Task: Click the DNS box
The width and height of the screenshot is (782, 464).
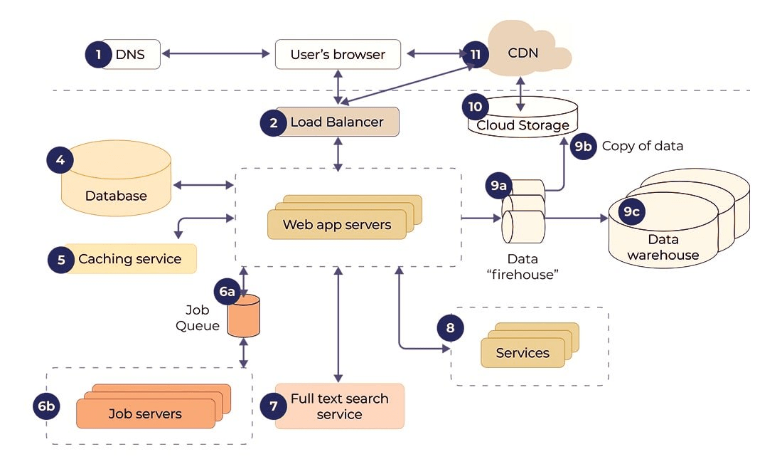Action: pos(132,54)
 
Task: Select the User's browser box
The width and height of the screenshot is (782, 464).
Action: pos(338,54)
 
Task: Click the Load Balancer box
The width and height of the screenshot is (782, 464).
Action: pos(337,122)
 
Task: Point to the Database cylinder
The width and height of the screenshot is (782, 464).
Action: pos(116,181)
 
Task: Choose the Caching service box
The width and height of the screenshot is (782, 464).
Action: pos(130,259)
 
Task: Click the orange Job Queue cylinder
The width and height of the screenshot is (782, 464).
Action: pos(243,317)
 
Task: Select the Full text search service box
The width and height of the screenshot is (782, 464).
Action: pos(339,406)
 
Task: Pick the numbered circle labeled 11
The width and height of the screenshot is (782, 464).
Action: pos(475,54)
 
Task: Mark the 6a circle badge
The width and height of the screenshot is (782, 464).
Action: pos(227,292)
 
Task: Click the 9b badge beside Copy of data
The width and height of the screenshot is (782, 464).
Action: pos(583,146)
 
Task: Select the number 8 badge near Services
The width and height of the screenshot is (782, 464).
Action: pos(450,327)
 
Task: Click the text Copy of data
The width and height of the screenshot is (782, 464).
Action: pos(642,146)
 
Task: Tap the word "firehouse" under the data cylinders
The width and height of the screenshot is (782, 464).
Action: pos(523,275)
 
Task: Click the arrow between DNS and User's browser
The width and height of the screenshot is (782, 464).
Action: pos(218,54)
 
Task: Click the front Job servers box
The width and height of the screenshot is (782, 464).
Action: pos(145,413)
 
